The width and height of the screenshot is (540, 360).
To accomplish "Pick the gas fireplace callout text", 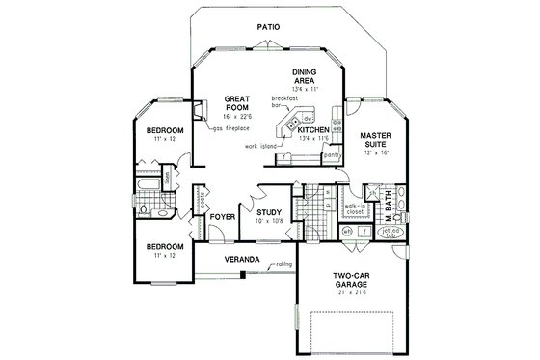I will click(232, 128).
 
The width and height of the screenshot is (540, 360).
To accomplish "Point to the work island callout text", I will click(262, 146).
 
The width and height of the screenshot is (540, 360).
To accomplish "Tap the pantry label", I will click(334, 153).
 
